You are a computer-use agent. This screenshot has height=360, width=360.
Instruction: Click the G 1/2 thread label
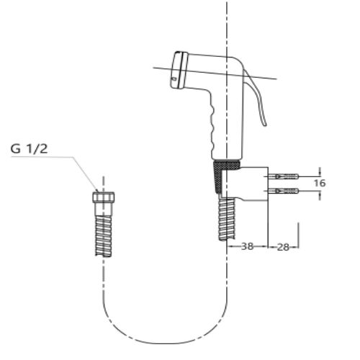coord(29,149)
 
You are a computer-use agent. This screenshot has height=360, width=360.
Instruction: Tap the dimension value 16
coord(320,183)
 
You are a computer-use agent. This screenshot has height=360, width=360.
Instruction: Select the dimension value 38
coord(247,246)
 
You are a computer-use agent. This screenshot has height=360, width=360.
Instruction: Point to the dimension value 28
coord(283,247)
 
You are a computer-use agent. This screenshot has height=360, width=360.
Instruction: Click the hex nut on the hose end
coord(104,197)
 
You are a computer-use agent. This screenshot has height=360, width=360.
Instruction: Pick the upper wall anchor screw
coord(283,177)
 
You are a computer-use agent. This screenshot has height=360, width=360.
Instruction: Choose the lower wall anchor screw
coord(283,191)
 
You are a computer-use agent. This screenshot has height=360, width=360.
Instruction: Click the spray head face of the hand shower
coord(178,70)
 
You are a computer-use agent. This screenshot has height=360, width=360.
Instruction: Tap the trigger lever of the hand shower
coord(256,96)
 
